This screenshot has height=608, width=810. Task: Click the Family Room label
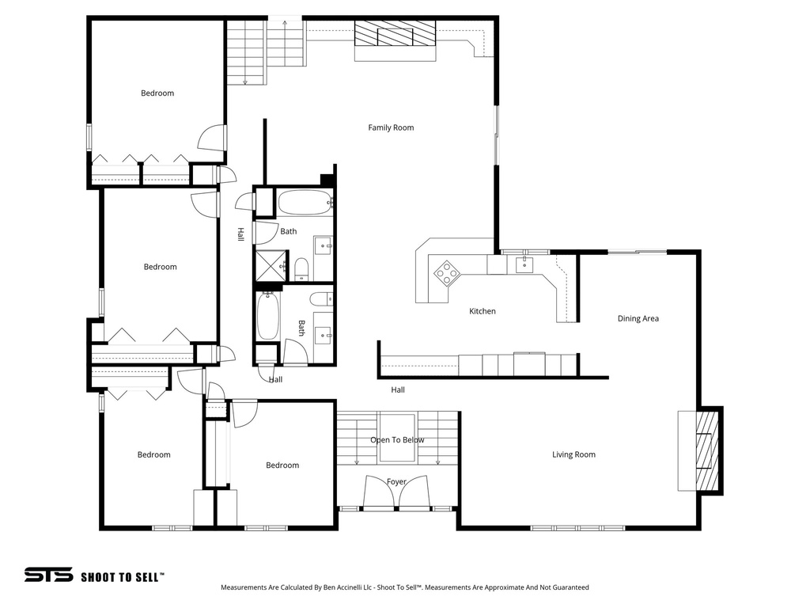[x=391, y=127]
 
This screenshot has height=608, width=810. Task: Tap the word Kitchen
[x=483, y=311]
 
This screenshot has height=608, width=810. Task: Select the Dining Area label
[x=638, y=318]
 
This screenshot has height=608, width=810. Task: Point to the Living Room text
[x=573, y=454]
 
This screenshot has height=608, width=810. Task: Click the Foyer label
[x=396, y=481]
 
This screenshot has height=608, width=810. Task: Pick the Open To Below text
[x=397, y=440]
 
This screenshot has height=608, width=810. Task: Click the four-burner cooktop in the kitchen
[x=447, y=272]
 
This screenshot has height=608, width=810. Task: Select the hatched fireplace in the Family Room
[x=395, y=35]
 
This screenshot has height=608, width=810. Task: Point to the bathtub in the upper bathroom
[x=304, y=203]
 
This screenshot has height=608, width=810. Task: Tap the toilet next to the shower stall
[x=301, y=268]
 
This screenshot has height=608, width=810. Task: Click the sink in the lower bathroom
[x=323, y=335]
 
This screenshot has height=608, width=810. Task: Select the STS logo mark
[x=48, y=576]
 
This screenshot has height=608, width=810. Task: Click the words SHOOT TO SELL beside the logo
[x=122, y=577]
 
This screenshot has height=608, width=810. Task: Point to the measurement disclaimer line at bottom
[x=404, y=587]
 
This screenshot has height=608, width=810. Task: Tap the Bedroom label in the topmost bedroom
[x=157, y=93]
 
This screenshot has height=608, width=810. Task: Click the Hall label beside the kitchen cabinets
[x=398, y=389]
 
